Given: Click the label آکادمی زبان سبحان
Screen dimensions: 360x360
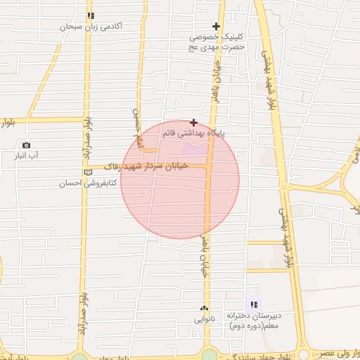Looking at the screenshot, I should pos(92,26).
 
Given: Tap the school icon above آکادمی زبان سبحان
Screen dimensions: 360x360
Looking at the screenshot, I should pos(90,15).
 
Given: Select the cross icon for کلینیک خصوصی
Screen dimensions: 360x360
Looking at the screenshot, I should pos(217,26).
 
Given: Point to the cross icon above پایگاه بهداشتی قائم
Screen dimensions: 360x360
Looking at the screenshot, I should pos(193,122).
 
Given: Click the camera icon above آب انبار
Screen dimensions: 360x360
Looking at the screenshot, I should pos(27,145).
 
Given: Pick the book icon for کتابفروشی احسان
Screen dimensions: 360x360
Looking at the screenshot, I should pos(88,172).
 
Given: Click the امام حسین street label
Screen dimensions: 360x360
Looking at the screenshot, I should pos(138,128).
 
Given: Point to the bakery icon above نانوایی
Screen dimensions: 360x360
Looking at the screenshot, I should pos(205,308).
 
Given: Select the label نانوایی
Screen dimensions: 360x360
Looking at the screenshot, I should pos(205,319).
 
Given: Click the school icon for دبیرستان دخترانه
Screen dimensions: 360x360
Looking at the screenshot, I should pos(254,304).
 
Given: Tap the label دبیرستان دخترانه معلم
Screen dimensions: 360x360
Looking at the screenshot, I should pos(253,321).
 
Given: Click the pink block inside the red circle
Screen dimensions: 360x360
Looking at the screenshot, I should pos(195,149).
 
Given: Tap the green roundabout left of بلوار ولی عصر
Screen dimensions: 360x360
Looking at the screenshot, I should pos(304,355).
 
